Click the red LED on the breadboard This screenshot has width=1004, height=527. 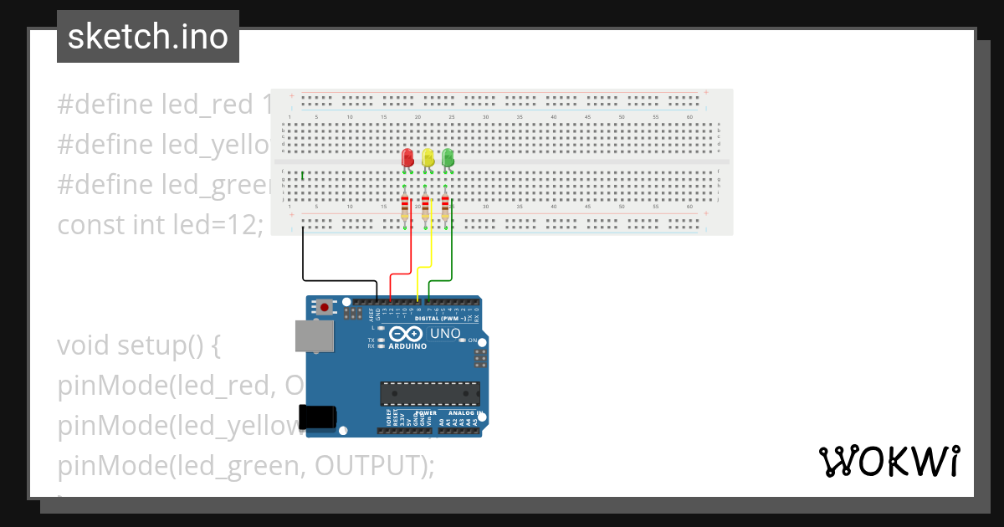(x=407, y=157)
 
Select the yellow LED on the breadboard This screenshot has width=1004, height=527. (x=428, y=157)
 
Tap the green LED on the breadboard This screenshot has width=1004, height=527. (x=448, y=157)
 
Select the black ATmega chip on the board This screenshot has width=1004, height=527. (x=430, y=393)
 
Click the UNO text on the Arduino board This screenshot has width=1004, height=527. (x=444, y=334)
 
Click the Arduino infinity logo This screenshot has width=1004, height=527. (x=406, y=334)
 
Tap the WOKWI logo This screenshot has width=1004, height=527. (x=889, y=461)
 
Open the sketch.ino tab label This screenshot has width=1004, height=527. (x=148, y=37)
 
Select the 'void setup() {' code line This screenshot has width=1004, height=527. (x=139, y=345)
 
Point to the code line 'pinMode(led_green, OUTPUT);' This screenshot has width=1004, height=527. (x=246, y=465)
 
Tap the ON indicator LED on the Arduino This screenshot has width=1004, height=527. (x=470, y=340)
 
